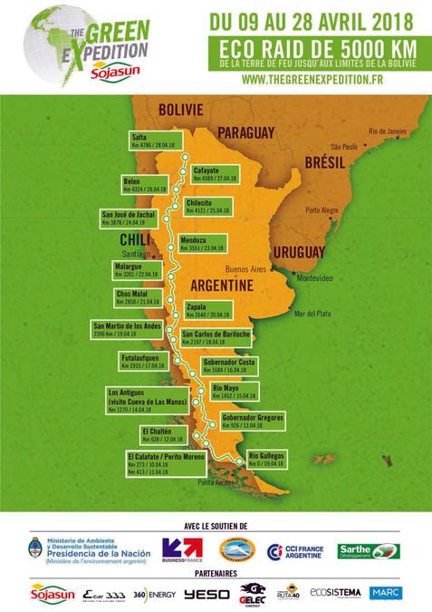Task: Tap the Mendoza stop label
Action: tap(201, 243)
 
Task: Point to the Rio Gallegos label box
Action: tap(267, 458)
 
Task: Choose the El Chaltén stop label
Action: tap(162, 434)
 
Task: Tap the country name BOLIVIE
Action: tap(178, 110)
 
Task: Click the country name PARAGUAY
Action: tap(245, 132)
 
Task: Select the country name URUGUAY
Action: tap(298, 251)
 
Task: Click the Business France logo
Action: tap(180, 549)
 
